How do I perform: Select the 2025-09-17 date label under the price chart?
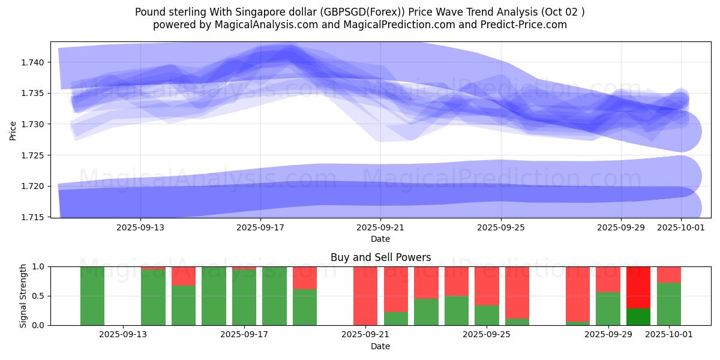pos(260,227)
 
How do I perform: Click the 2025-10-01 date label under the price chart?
pos(680,227)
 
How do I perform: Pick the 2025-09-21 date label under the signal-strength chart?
pos(365,335)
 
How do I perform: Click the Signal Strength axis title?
pos(23,296)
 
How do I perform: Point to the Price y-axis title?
pos(13,130)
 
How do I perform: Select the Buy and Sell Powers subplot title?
pos(380,257)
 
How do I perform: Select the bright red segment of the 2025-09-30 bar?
pos(638,287)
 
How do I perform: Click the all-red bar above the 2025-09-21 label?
pos(365,295)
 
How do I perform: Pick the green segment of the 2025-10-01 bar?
pos(668,304)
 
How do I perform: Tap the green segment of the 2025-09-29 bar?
pos(608,308)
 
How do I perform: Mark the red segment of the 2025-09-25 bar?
pos(487,286)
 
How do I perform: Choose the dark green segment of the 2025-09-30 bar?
pos(638,317)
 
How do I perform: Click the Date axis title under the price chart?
pos(380,239)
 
